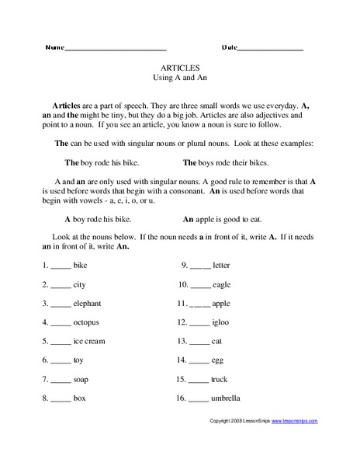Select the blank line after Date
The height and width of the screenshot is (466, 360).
(x=270, y=49)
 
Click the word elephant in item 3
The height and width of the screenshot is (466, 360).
(x=88, y=303)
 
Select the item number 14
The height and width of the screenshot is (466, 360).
(x=182, y=360)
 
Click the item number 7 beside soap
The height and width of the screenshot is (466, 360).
(x=45, y=379)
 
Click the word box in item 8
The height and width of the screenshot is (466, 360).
(x=79, y=398)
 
